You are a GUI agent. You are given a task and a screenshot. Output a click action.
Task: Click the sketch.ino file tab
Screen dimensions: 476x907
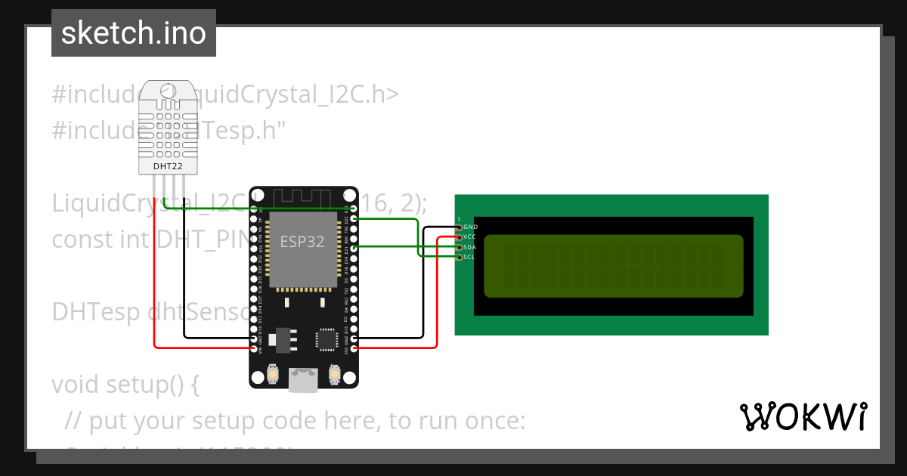134,33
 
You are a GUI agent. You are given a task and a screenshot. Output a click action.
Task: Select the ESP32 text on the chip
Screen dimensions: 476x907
302,242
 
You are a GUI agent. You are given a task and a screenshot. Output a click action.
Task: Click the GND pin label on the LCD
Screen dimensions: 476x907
470,227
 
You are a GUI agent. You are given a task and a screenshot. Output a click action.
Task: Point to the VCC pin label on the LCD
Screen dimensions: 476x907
470,237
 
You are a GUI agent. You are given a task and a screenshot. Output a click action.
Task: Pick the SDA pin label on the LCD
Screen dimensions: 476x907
470,247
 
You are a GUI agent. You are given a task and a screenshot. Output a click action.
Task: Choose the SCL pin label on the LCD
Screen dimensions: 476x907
469,258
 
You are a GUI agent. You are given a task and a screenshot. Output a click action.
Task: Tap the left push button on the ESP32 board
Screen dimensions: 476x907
273,373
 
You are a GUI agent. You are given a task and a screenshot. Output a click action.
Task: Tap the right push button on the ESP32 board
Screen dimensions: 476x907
335,373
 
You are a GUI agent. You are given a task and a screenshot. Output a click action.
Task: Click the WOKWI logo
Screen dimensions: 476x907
803,416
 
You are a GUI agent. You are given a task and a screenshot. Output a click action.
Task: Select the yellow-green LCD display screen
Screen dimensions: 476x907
613,265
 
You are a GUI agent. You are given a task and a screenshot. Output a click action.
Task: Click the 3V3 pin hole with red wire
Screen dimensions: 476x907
354,348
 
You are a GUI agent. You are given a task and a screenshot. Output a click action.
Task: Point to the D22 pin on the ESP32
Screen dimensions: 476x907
354,219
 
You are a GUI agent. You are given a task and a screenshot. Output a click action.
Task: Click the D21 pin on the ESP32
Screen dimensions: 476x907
354,247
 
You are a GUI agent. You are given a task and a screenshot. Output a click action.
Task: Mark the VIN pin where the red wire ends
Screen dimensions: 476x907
253,348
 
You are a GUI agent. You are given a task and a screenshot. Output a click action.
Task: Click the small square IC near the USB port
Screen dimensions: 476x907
327,339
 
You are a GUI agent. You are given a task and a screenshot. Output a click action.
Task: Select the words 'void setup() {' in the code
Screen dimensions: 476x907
125,385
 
